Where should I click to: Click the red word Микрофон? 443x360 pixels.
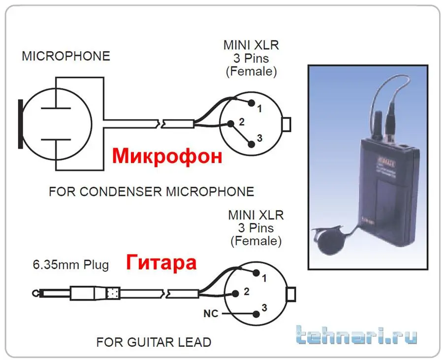[x=167, y=156]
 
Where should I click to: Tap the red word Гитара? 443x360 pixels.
[x=161, y=262]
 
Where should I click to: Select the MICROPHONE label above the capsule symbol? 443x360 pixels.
[x=65, y=56]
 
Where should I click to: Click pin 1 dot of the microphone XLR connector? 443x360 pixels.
[x=252, y=103]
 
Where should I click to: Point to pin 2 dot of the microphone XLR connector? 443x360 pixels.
[x=230, y=123]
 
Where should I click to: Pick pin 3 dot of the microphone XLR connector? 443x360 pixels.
[x=252, y=143]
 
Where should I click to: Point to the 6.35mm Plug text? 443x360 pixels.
[x=70, y=265]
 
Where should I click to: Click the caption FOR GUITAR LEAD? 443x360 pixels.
[x=154, y=341]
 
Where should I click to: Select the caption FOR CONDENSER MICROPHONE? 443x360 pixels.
[x=151, y=191]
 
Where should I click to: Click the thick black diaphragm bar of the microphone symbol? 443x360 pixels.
[x=20, y=123]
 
